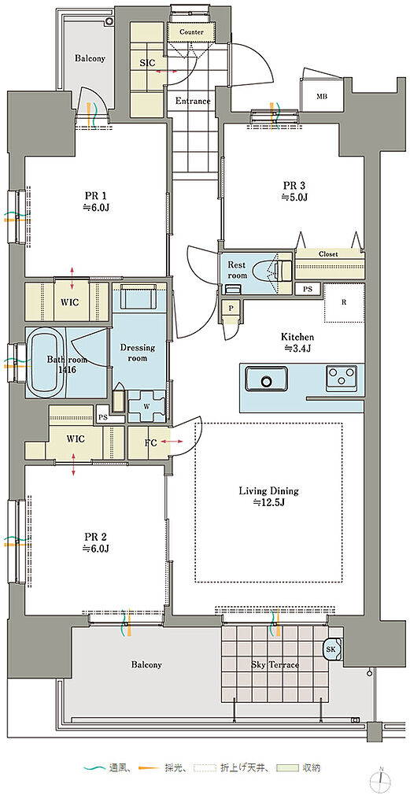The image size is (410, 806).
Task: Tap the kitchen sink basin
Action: [266, 379]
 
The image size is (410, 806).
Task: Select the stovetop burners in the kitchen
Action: [342, 379]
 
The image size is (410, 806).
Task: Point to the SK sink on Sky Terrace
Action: [331, 649]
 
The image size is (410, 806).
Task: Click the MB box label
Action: [322, 97]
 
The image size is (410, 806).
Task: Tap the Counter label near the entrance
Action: [191, 31]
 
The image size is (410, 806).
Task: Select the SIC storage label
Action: [148, 62]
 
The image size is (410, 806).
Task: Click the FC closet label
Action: [151, 442]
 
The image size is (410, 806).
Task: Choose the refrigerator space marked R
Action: [344, 302]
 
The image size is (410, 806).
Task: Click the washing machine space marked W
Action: [146, 404]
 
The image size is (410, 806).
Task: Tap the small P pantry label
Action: [231, 309]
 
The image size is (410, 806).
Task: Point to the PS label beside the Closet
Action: [307, 289]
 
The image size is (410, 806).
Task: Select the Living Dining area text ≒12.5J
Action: [268, 503]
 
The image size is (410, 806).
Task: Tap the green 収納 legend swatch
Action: [286, 768]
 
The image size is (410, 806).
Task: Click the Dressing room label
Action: [138, 353]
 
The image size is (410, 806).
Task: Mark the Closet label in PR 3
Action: [328, 254]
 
